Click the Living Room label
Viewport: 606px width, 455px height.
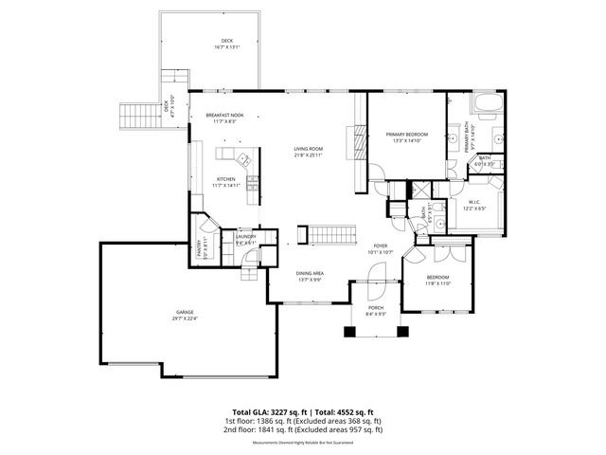tap(308, 149)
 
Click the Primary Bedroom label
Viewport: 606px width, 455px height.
tap(406, 135)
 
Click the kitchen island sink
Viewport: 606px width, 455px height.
tap(242, 158)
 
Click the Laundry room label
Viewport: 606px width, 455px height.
tap(246, 238)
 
